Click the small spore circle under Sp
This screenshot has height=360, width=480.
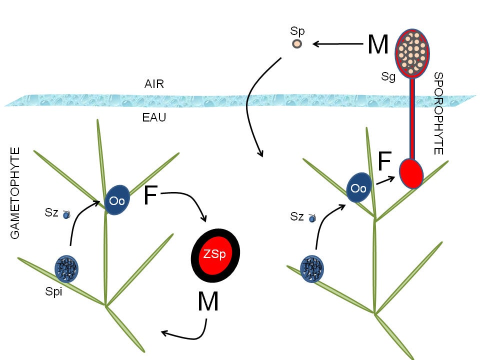(297, 44)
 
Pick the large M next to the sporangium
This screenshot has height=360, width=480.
(378, 45)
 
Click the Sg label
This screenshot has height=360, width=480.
(388, 76)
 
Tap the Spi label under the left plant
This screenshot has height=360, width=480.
(53, 292)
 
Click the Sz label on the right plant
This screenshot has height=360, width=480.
(297, 216)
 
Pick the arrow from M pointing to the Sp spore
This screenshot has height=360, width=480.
(337, 44)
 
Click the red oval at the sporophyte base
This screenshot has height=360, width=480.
(411, 173)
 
